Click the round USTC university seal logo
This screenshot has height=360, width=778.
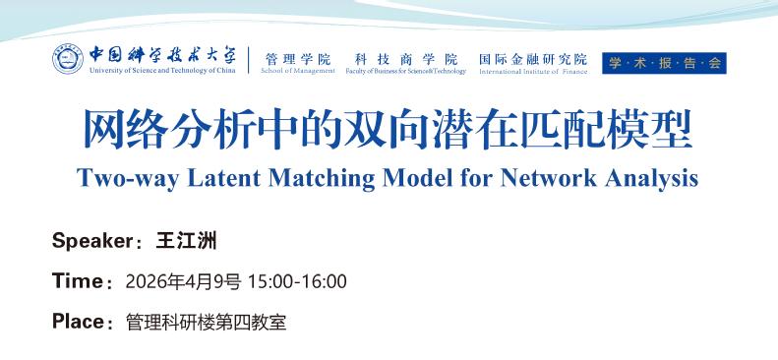tap(68, 59)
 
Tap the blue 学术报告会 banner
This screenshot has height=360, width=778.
tap(664, 63)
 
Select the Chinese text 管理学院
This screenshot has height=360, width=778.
tap(298, 60)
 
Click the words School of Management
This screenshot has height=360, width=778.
tap(298, 71)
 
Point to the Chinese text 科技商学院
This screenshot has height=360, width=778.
tap(406, 60)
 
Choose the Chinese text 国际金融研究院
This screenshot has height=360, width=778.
tap(533, 59)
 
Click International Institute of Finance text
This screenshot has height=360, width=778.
tap(533, 72)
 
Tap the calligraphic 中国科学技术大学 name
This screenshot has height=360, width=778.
tap(162, 54)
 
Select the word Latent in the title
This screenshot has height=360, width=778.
tap(223, 178)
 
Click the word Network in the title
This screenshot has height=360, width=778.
tap(548, 178)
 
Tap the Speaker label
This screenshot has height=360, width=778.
tap(92, 242)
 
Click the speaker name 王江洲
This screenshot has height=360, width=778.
tap(186, 242)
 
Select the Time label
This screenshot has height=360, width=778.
tap(78, 281)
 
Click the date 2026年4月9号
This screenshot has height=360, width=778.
tap(183, 281)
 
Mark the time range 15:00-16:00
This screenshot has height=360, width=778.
tap(297, 281)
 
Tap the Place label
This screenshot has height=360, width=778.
tap(79, 322)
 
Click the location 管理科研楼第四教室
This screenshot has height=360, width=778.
tap(206, 323)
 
